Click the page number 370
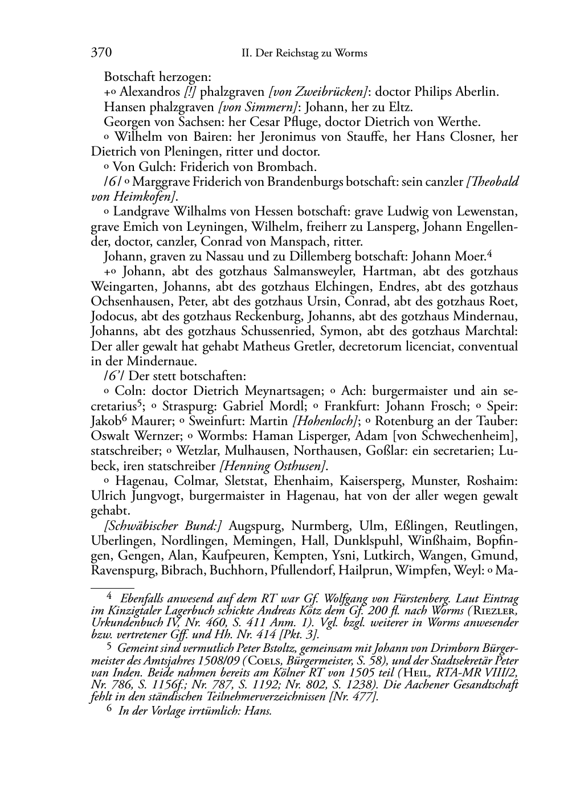101,53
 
